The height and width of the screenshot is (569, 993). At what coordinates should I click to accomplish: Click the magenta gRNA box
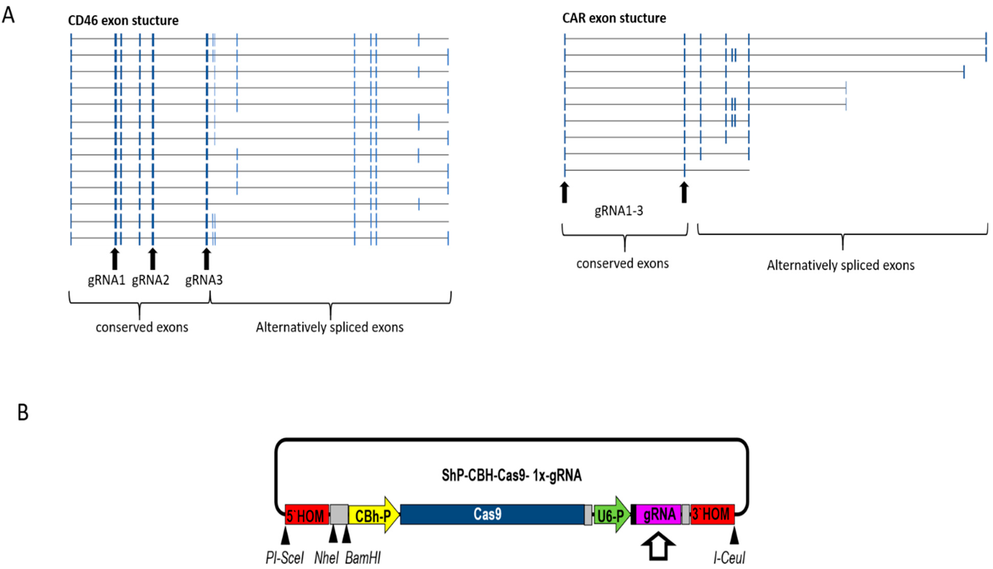(x=659, y=514)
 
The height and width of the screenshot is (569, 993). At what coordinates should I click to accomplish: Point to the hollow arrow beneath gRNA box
(x=659, y=546)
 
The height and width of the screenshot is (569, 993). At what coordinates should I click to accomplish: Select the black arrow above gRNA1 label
(x=114, y=259)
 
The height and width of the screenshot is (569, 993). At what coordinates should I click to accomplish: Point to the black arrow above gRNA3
(x=207, y=259)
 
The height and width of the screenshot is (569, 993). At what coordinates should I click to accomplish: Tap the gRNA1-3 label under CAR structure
(x=619, y=211)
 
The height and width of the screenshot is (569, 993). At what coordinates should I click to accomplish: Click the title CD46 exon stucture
(x=123, y=20)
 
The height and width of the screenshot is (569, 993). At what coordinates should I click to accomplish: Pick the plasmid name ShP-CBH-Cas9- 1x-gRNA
(x=512, y=476)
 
